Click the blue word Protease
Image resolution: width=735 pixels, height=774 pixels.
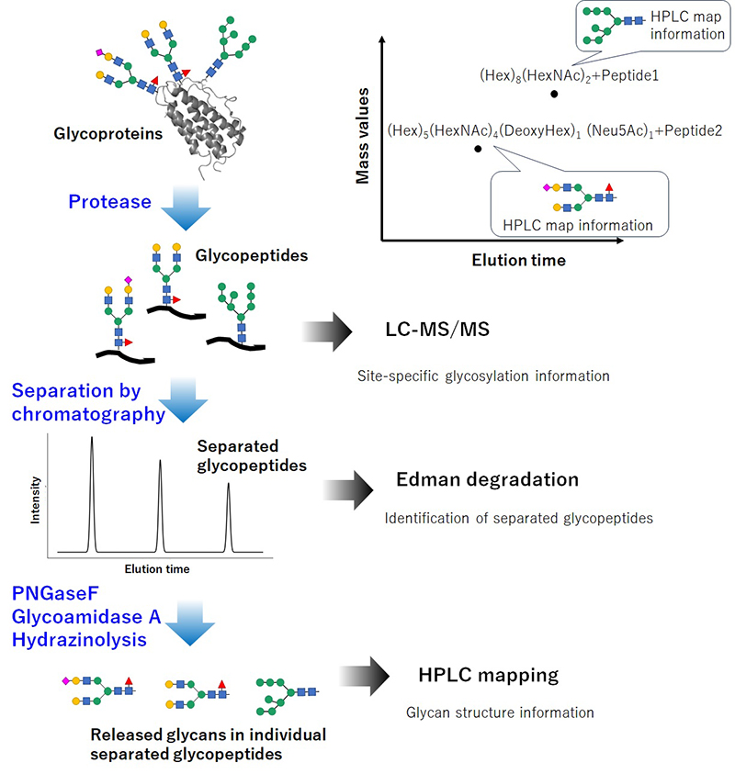[108, 201]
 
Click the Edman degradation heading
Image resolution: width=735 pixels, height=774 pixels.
[487, 480]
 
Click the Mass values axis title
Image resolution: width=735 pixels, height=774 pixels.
[364, 135]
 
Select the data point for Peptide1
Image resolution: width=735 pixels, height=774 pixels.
[554, 94]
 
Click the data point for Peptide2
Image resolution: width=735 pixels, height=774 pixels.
[477, 148]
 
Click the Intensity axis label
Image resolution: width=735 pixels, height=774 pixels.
[35, 499]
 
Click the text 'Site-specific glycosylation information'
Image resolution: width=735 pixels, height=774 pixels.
[483, 376]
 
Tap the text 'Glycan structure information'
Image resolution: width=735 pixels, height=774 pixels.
[500, 712]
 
